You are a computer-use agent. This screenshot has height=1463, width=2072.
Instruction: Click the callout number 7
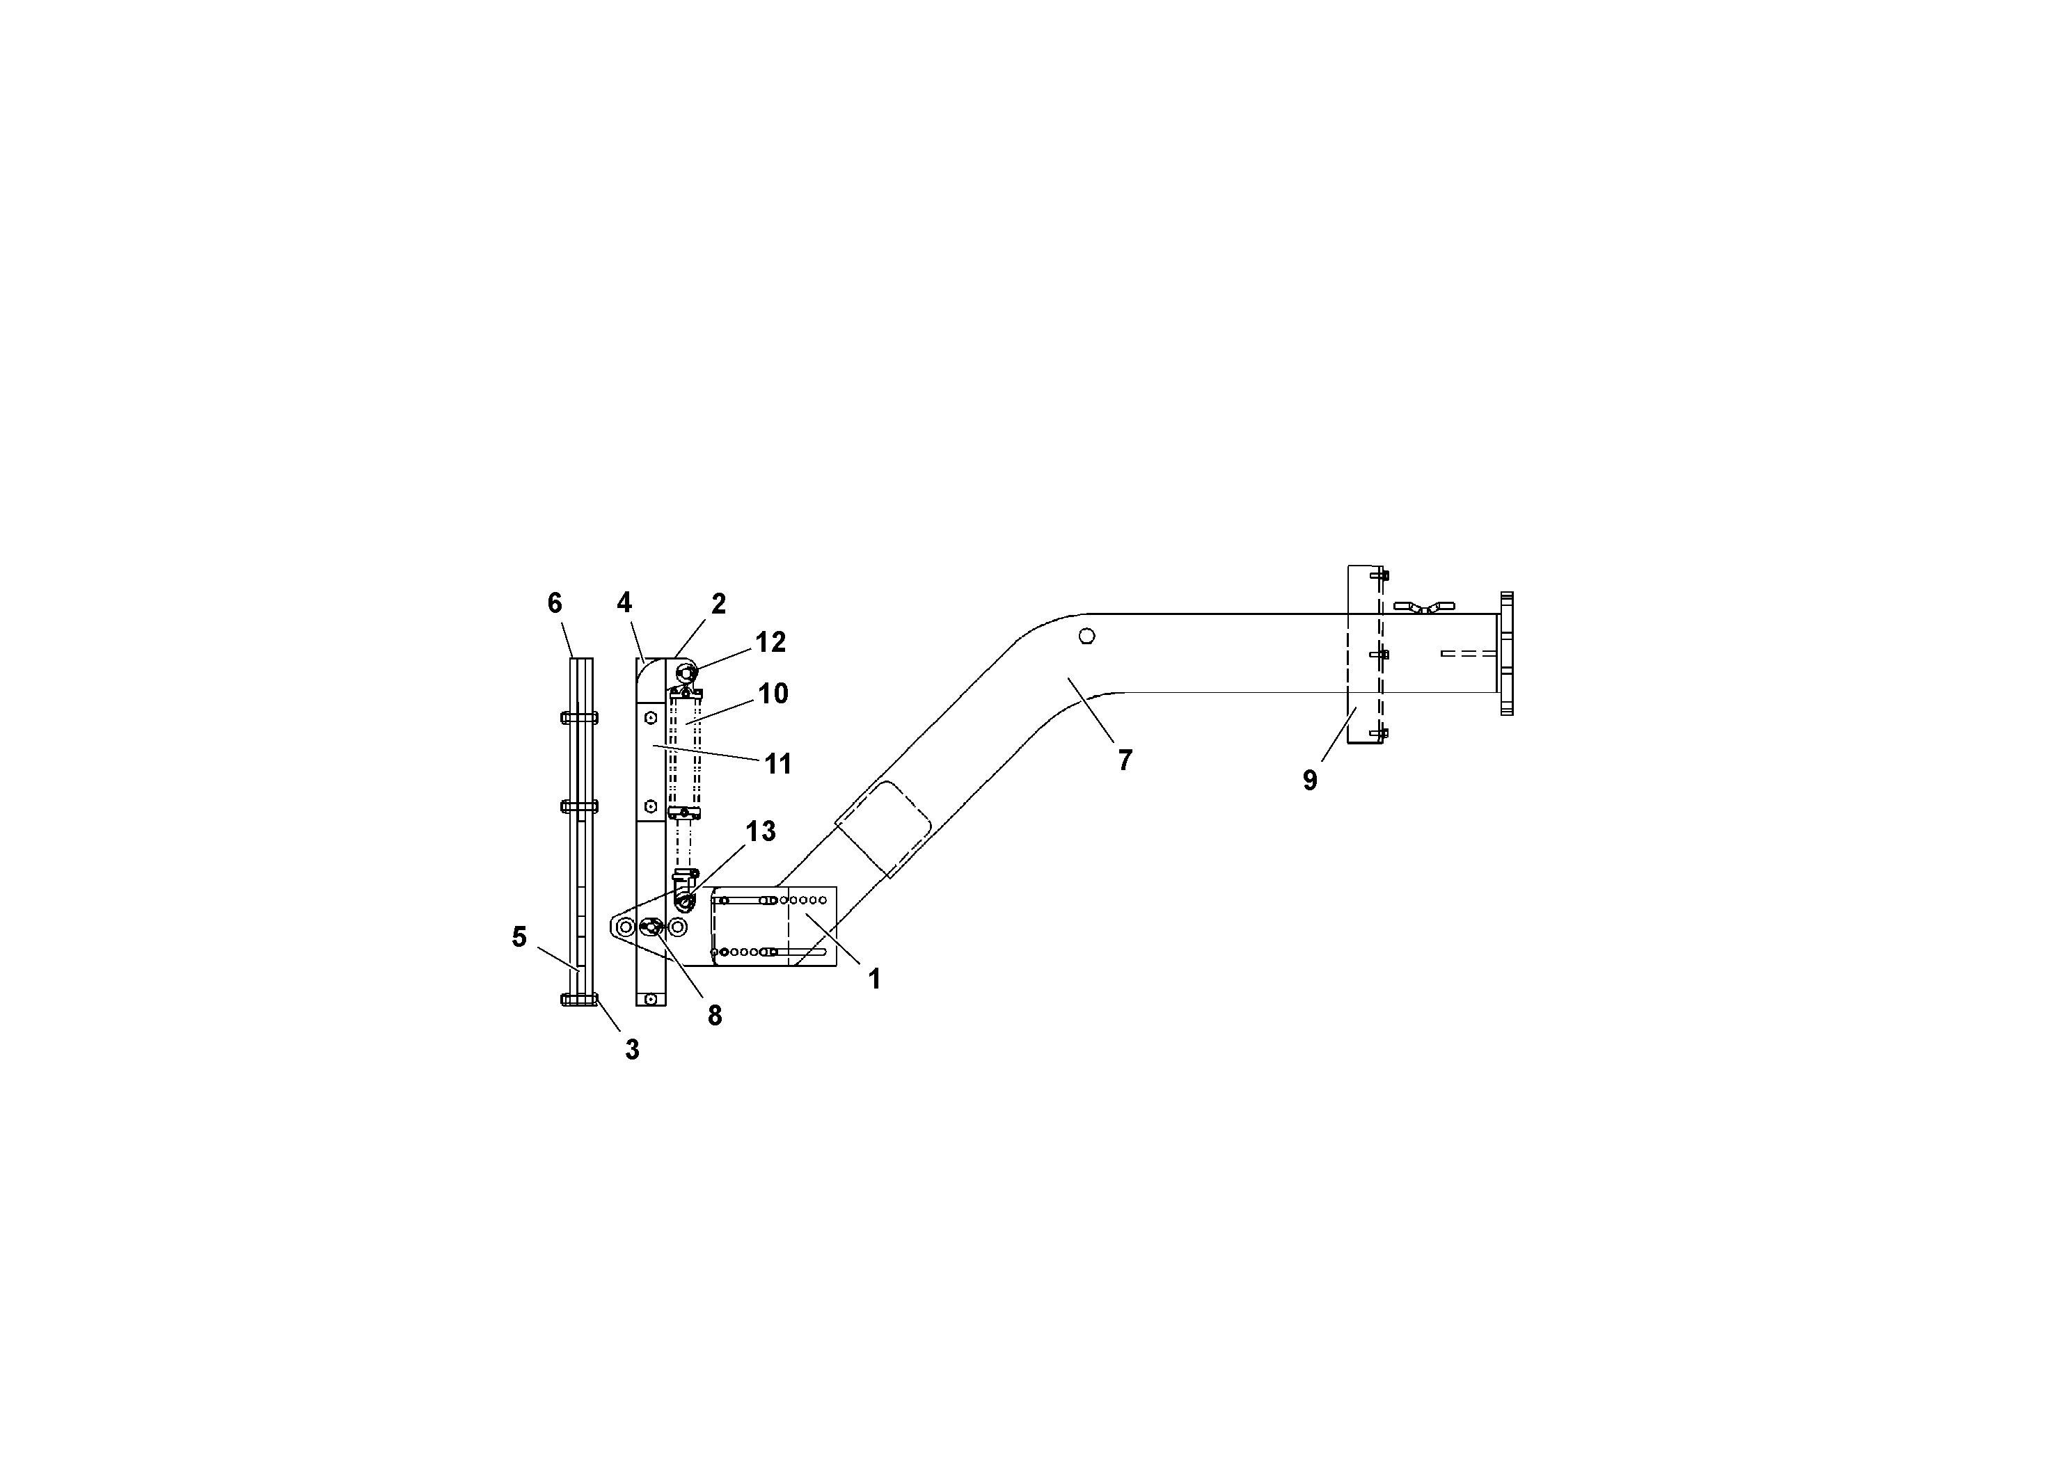pyautogui.click(x=1125, y=761)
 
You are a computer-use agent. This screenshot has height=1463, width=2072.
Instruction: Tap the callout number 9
pyautogui.click(x=1309, y=781)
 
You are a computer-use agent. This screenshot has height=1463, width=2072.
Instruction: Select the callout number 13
pyautogui.click(x=760, y=831)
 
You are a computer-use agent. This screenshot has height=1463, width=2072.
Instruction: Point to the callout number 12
pyautogui.click(x=770, y=642)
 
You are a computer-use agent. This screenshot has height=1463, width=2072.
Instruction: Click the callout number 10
pyautogui.click(x=773, y=694)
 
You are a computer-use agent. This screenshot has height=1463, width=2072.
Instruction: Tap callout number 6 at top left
pyautogui.click(x=554, y=603)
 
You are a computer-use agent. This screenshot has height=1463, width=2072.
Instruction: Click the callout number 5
pyautogui.click(x=519, y=937)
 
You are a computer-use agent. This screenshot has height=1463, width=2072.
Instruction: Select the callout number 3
pyautogui.click(x=632, y=1050)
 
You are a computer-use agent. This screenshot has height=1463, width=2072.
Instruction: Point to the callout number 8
pyautogui.click(x=714, y=1016)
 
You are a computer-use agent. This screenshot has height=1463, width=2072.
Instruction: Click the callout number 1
pyautogui.click(x=873, y=979)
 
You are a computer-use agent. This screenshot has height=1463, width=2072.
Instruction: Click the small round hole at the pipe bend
pyautogui.click(x=1086, y=636)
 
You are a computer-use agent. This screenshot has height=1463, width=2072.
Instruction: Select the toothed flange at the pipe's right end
pyautogui.click(x=1506, y=653)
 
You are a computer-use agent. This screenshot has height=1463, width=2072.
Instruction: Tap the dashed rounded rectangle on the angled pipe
pyautogui.click(x=883, y=829)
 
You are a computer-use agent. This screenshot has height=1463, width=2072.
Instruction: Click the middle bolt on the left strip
pyautogui.click(x=578, y=806)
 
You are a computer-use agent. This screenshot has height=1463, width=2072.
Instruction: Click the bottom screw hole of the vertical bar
pyautogui.click(x=650, y=1000)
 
